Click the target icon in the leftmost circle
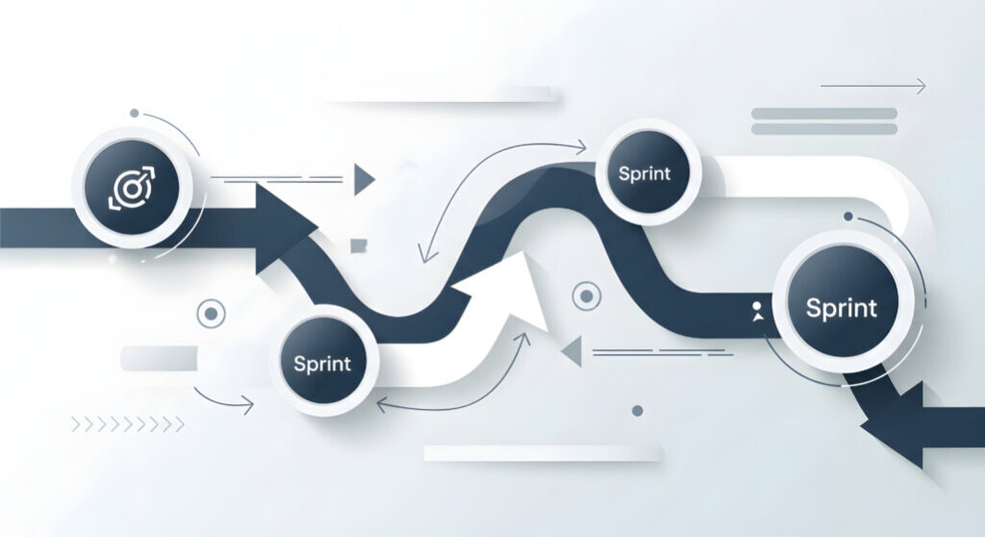tap(131, 188)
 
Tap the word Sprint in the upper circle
tap(644, 173)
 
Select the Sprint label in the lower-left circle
tap(322, 364)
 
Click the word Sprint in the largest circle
tap(841, 308)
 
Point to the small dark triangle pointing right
tap(364, 179)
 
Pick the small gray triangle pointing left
tap(571, 351)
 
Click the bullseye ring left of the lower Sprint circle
tap(211, 313)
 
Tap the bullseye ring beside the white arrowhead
tap(587, 295)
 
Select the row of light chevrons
tap(128, 424)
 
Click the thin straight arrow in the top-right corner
tap(873, 86)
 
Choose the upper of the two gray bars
tap(824, 114)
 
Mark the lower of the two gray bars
tap(824, 129)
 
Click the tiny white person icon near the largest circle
tap(758, 312)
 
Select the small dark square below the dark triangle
tap(359, 245)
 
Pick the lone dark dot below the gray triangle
tap(637, 411)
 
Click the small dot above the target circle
tap(135, 114)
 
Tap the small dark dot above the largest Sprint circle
tap(848, 217)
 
